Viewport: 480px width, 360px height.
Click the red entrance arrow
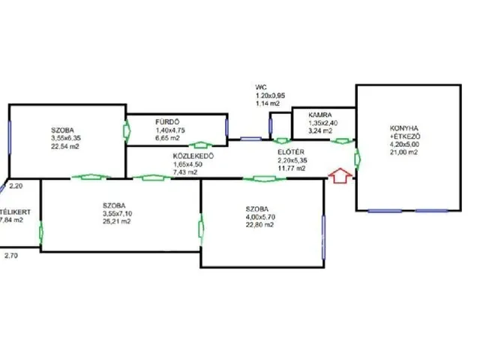click(340, 177)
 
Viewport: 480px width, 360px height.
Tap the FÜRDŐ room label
click(166, 122)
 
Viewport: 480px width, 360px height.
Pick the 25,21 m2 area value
click(118, 222)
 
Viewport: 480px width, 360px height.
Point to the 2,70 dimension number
click(11, 256)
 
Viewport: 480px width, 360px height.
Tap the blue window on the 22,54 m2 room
click(10, 139)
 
